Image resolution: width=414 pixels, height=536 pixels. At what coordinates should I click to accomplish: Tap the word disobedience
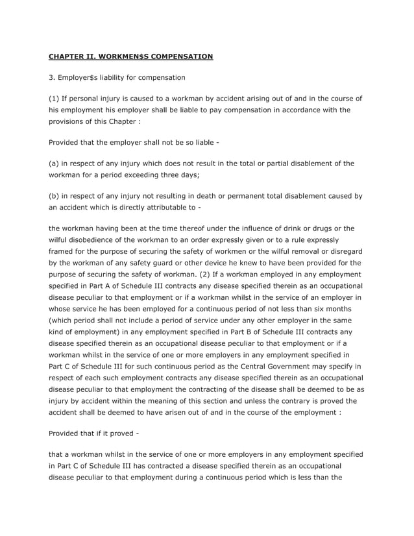click(x=96, y=239)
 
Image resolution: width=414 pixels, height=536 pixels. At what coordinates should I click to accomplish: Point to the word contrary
click(x=294, y=401)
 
